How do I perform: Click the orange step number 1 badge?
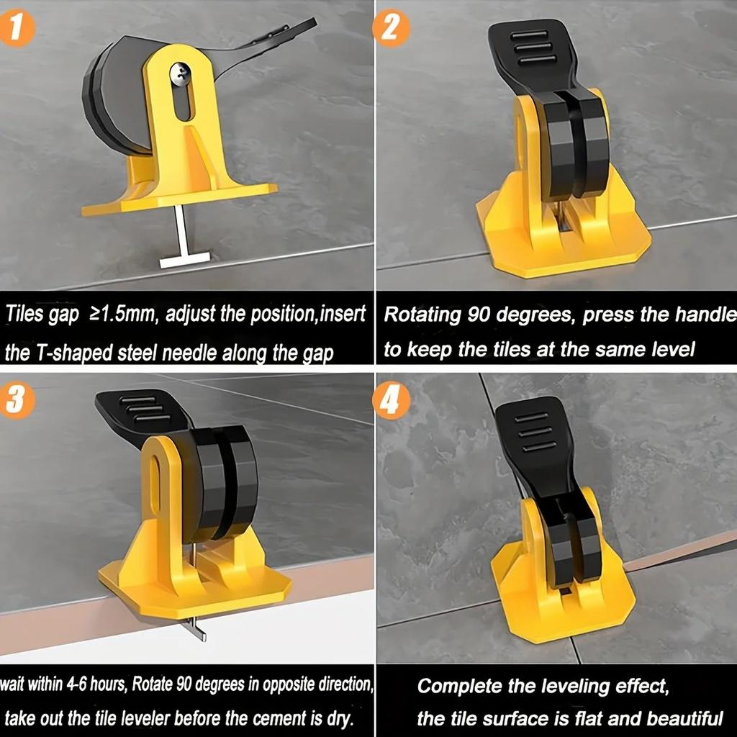coord(16,28)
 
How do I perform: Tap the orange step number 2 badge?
coord(391,28)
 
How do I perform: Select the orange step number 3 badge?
coord(17,400)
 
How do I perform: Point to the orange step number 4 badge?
coord(391,400)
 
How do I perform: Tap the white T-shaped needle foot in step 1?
coord(184,260)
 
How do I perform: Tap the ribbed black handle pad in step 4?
coord(531,433)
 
